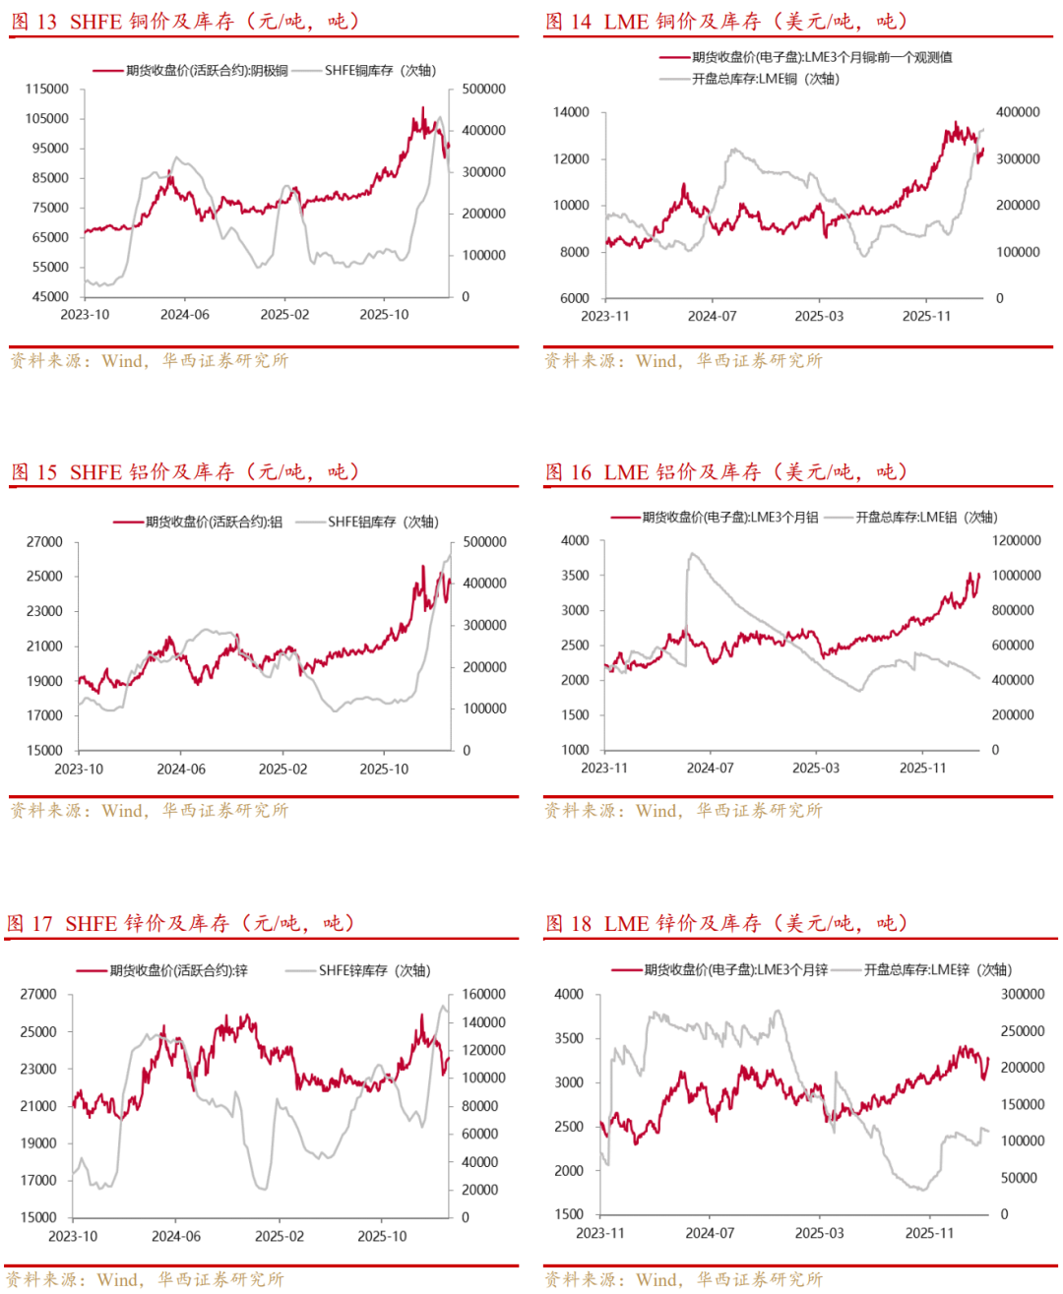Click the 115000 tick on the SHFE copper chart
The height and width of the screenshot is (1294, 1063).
[47, 89]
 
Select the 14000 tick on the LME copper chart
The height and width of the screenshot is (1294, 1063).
[571, 112]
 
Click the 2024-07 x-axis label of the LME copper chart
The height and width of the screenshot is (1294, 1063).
[712, 316]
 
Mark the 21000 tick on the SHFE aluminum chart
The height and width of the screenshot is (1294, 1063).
[44, 647]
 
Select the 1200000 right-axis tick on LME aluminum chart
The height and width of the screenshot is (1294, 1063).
[1016, 541]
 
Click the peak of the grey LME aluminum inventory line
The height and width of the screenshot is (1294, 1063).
[692, 554]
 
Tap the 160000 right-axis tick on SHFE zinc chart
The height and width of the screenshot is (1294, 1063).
[484, 995]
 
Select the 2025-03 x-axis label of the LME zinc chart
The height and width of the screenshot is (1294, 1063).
[819, 1233]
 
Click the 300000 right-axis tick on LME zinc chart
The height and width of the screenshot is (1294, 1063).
[1023, 995]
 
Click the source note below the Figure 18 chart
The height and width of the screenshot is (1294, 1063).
[683, 1279]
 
